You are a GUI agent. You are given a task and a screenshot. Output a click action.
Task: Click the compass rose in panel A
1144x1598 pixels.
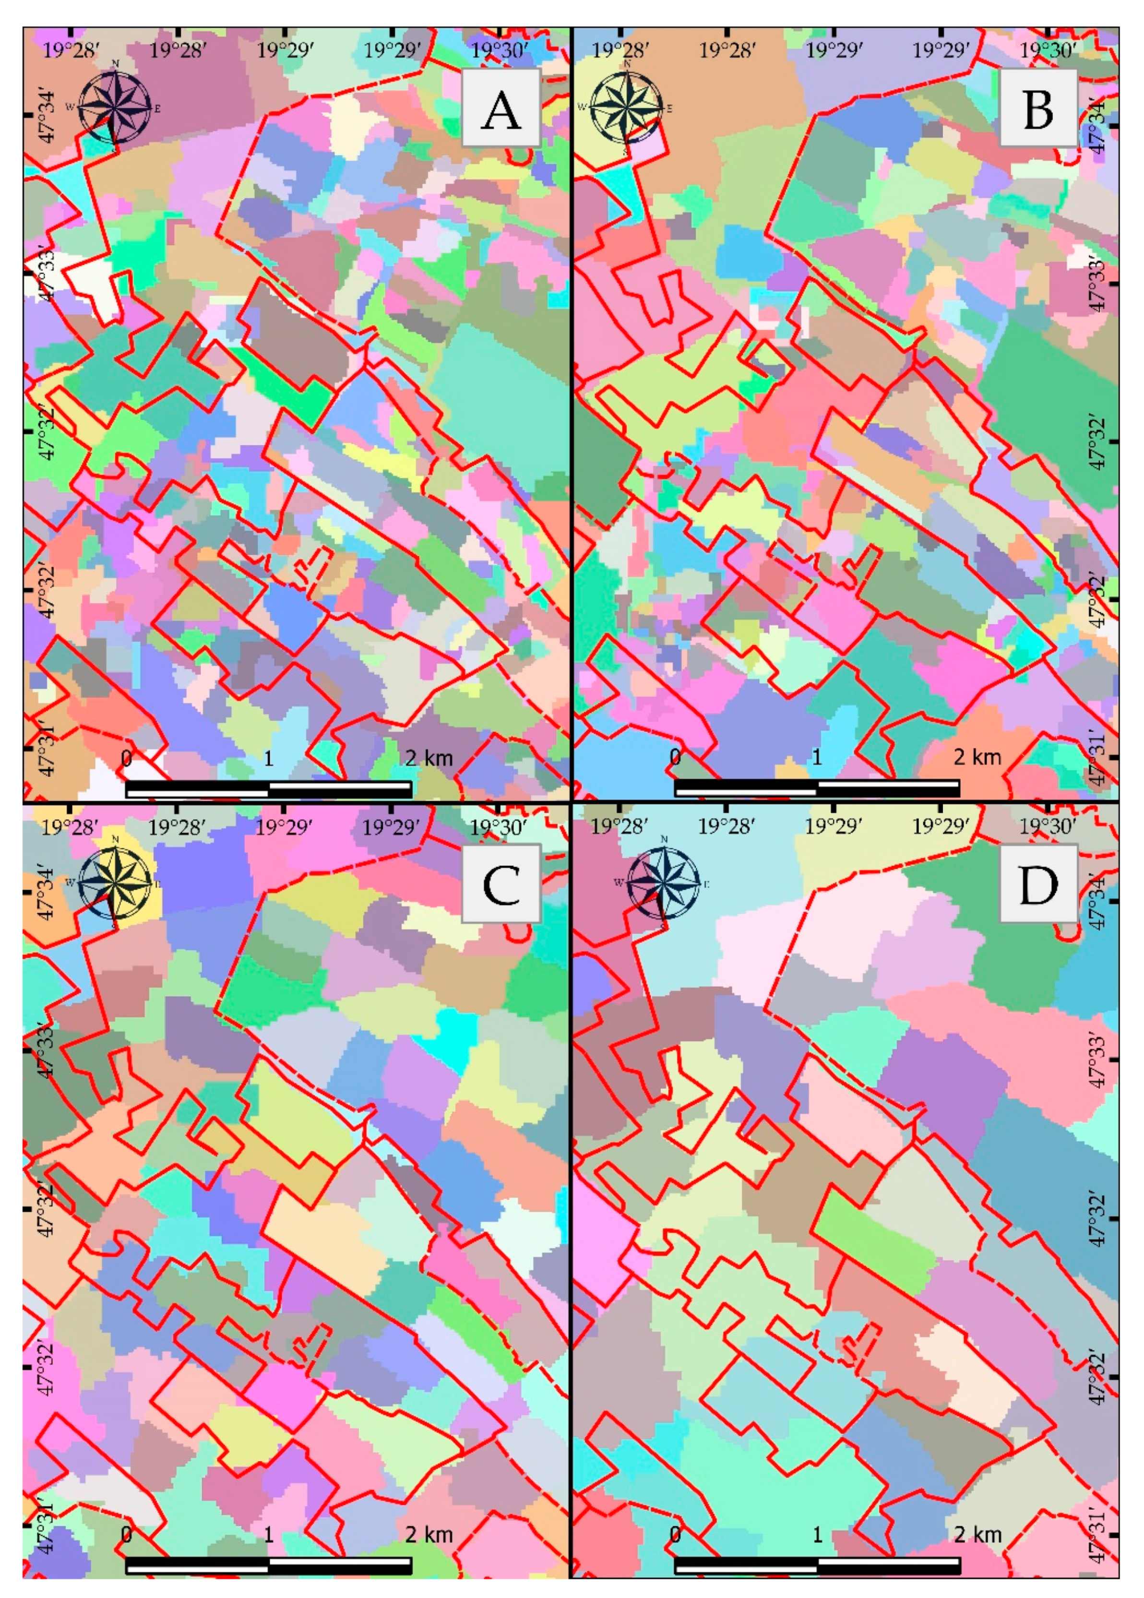(x=115, y=108)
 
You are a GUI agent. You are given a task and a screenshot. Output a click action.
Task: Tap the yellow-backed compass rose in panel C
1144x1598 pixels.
(x=115, y=882)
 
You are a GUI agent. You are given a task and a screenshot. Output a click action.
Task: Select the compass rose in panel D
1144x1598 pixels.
(x=663, y=882)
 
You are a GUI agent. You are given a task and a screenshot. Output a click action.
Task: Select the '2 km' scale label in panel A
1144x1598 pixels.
(x=429, y=758)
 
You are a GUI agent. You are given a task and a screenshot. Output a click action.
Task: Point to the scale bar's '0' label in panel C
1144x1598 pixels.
(x=127, y=1533)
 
